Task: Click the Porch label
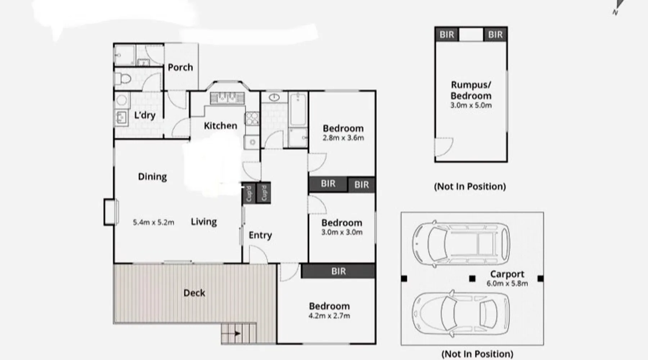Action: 180,67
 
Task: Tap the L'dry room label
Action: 145,115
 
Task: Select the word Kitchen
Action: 220,126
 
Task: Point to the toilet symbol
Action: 123,78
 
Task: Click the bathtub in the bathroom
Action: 298,109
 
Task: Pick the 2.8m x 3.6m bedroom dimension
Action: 343,138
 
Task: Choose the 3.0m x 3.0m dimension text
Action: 342,232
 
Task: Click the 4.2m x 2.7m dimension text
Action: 329,316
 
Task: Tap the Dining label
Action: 152,177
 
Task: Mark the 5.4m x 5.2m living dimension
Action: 153,222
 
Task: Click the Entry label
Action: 260,235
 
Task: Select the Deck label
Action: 194,293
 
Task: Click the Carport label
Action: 507,274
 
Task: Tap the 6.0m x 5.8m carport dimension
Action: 507,284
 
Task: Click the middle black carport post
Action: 472,279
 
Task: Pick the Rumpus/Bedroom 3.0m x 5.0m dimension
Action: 471,105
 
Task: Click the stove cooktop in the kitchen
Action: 252,118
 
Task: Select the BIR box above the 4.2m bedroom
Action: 338,271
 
